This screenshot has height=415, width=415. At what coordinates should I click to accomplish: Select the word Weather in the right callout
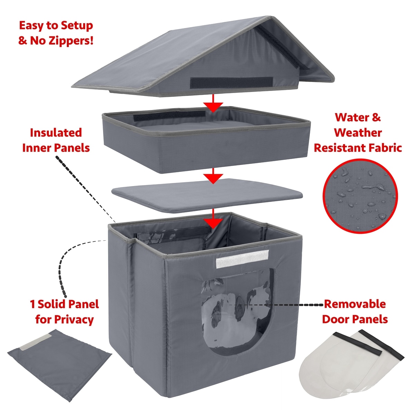[358, 132]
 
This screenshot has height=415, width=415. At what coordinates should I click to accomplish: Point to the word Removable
[354, 304]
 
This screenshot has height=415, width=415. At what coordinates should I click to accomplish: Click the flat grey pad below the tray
[207, 194]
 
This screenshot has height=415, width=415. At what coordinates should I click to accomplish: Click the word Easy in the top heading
[32, 26]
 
